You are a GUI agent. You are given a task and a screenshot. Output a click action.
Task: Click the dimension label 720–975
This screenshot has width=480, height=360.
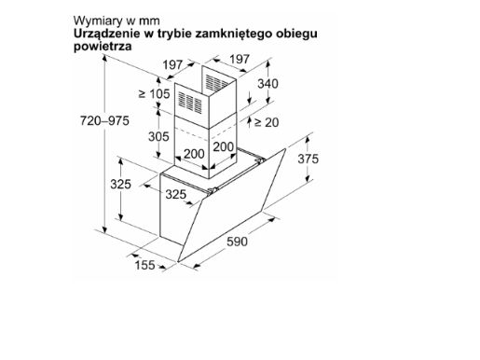point(104,120)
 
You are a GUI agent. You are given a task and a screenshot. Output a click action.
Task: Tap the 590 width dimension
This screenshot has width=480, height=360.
point(237,242)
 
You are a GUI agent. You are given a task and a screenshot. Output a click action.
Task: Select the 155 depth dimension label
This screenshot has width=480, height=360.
point(144,265)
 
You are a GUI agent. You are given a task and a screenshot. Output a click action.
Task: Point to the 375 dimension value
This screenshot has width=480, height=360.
point(308,159)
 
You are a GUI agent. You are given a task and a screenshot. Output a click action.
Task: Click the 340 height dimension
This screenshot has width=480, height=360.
point(267,84)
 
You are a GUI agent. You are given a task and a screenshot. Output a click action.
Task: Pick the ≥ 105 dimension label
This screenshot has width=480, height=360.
point(155,93)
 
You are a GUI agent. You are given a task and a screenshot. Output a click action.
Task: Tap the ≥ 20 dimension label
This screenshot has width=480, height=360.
point(267,122)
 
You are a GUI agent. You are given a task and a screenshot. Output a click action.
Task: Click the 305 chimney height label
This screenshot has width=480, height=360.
point(158,136)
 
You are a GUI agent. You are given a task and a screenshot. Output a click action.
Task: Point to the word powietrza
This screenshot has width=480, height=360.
point(103,47)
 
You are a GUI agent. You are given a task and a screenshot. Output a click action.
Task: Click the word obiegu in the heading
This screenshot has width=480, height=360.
point(296,34)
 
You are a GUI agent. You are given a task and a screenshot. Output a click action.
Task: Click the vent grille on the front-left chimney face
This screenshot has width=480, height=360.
point(190,102)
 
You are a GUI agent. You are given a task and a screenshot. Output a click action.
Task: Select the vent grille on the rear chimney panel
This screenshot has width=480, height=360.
point(217,82)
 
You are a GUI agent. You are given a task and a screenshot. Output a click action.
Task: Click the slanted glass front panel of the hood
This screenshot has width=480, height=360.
point(231,205)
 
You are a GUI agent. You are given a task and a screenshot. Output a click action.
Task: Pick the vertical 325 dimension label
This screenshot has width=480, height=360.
point(120,184)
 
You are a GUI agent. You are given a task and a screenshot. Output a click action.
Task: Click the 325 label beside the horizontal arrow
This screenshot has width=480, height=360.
point(175,194)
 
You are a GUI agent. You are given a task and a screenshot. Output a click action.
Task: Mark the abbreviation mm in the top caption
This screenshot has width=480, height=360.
point(149,21)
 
